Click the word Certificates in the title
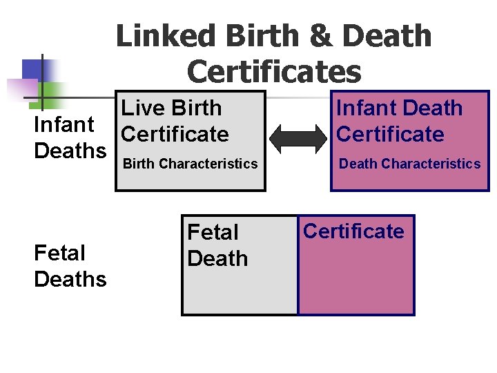(x=273, y=71)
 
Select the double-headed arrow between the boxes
(x=299, y=138)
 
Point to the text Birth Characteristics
(x=190, y=164)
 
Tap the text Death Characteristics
(x=409, y=164)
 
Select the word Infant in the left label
(x=64, y=125)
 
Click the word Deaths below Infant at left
(x=70, y=151)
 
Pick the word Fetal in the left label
(x=59, y=253)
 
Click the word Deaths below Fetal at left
(x=70, y=279)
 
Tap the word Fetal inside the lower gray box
(x=213, y=233)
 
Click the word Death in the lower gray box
(x=217, y=258)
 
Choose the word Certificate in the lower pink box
(x=353, y=231)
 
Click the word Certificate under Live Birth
(x=175, y=134)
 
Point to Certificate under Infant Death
(x=389, y=134)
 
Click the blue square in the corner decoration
(x=32, y=69)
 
